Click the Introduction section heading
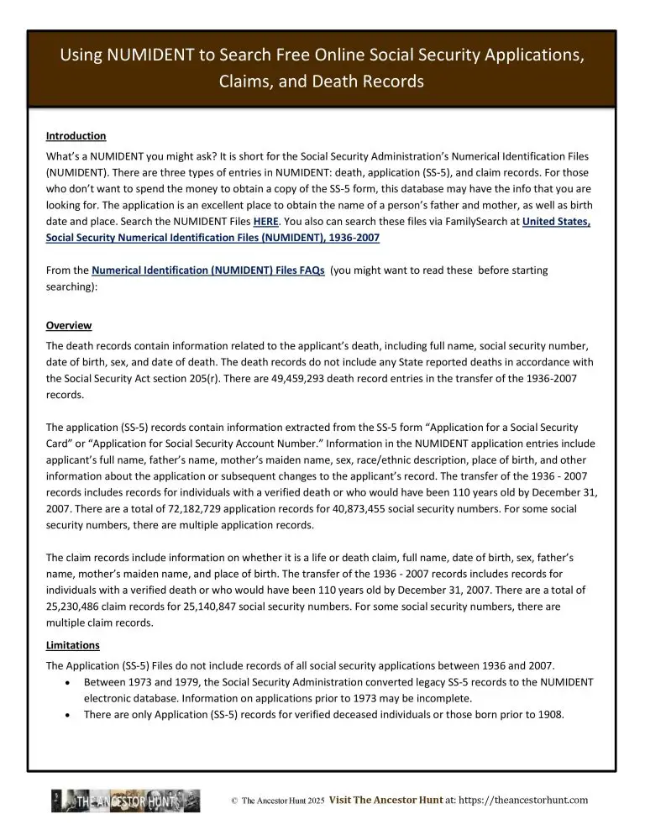tap(76, 136)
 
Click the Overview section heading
tap(69, 325)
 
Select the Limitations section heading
tap(73, 644)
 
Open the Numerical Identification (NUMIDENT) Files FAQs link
tap(207, 270)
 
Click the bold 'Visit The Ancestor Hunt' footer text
tap(385, 801)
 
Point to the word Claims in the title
tap(244, 82)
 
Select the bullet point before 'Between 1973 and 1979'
tap(67, 683)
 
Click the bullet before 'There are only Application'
tap(67, 715)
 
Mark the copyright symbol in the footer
tap(233, 801)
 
